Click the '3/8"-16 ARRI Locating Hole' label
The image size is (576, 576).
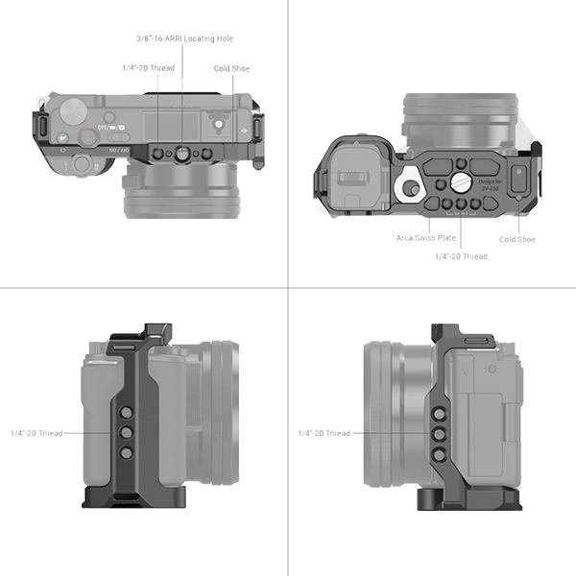(x=184, y=38)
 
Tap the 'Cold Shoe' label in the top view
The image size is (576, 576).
(x=231, y=69)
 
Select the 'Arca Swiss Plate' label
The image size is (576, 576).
(x=426, y=236)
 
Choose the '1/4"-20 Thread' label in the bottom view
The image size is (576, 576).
(x=462, y=256)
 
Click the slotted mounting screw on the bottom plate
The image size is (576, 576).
(x=458, y=181)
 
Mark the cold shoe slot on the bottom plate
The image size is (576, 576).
(x=519, y=179)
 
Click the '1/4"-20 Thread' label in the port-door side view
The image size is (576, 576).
(x=324, y=433)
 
